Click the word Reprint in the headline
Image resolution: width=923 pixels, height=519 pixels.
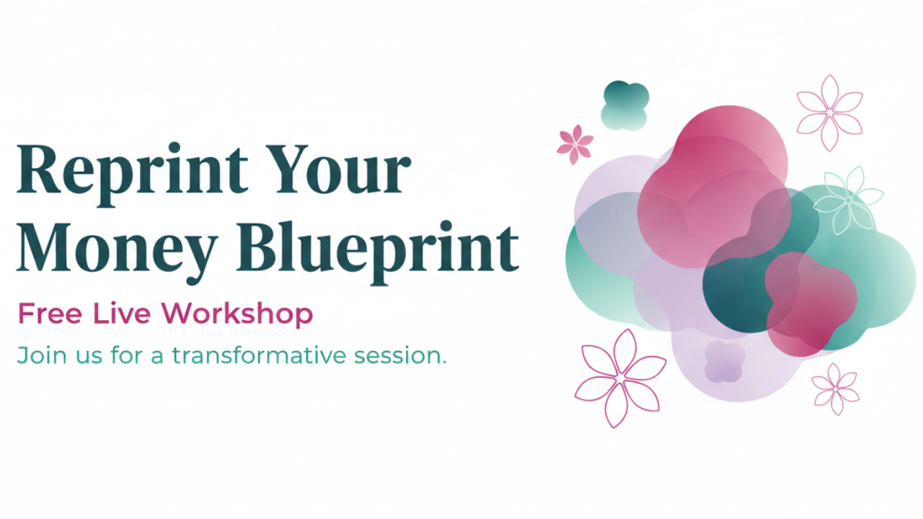point(133,174)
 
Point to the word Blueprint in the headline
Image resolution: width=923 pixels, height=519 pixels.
point(377,252)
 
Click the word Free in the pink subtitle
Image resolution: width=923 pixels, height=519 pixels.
point(50,314)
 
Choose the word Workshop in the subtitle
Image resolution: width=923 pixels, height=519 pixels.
point(237,315)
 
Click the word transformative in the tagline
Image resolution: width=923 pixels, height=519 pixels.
point(259,355)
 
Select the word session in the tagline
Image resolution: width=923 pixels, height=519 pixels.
point(396,356)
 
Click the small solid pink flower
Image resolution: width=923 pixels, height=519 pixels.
point(575,144)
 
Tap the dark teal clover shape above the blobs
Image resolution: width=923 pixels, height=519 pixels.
point(624,105)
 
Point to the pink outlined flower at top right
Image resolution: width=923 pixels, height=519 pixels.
point(829,112)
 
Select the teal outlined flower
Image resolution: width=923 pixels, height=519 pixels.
point(848,200)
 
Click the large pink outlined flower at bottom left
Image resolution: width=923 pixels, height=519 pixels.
point(620,378)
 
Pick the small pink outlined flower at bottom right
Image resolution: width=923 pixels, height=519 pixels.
point(835,389)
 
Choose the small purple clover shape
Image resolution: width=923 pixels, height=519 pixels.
point(725,361)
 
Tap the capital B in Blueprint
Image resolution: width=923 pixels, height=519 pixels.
point(260,247)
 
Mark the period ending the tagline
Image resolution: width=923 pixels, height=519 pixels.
point(443,363)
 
